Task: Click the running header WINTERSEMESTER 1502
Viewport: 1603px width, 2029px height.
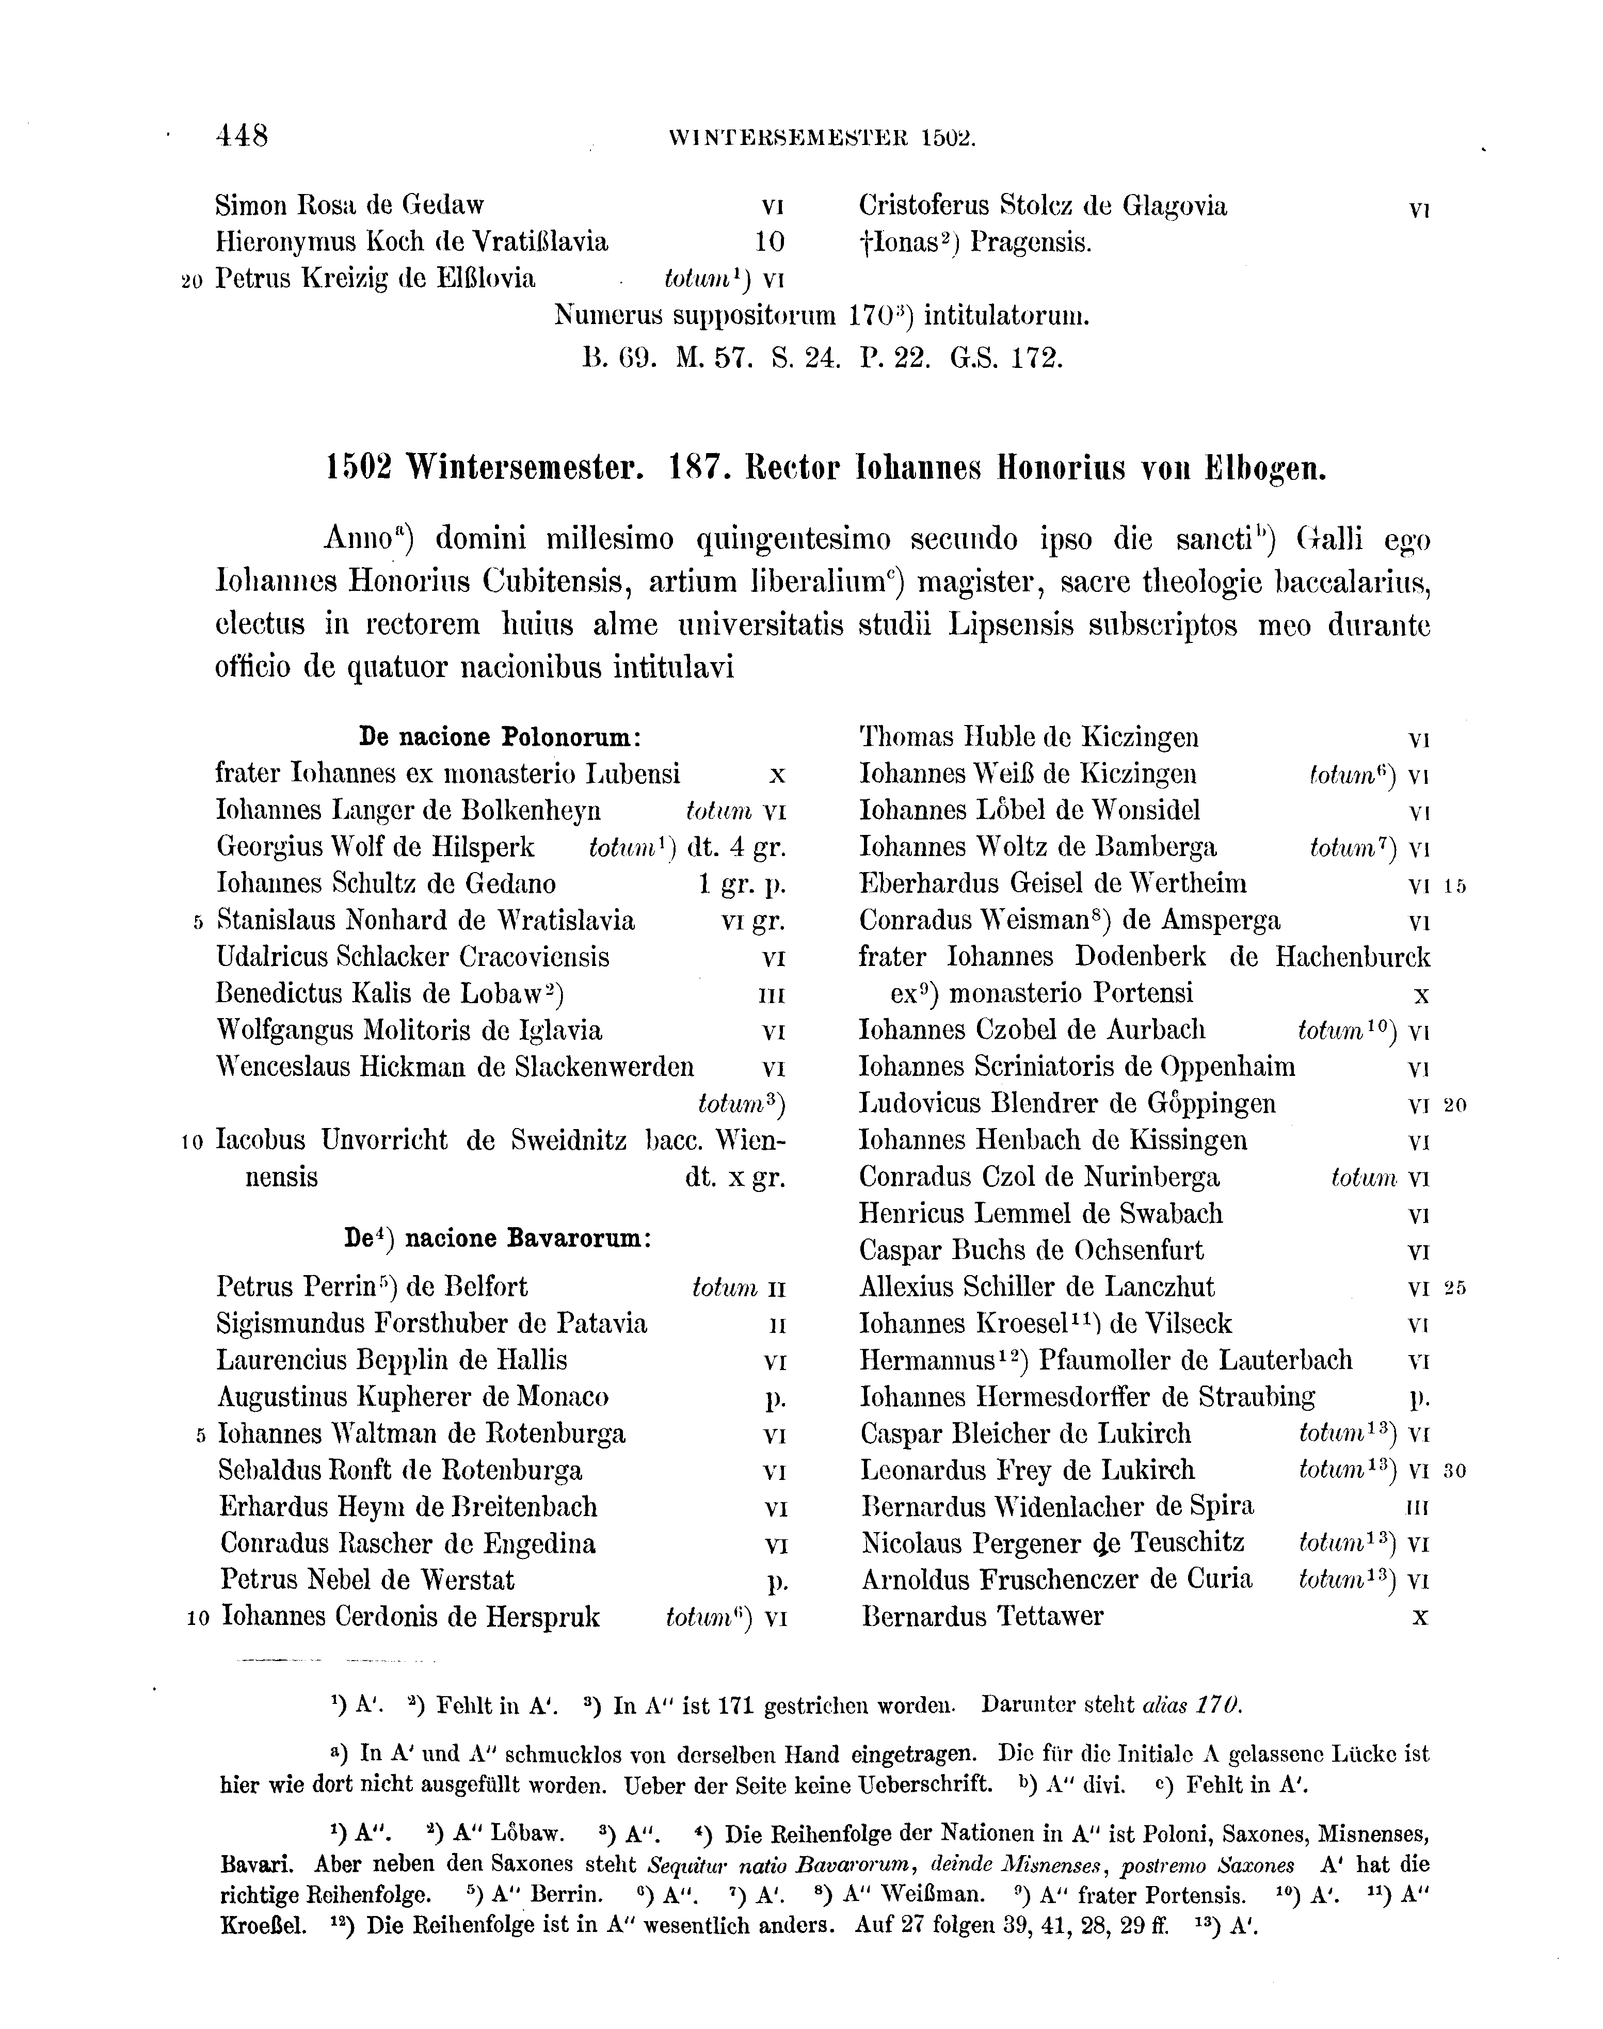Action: coord(822,139)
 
